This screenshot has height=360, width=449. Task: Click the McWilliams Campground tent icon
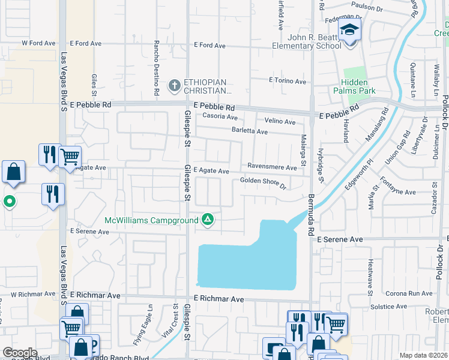point(208,220)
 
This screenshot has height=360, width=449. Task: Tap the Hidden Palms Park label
point(358,86)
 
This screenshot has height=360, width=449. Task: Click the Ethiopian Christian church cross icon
point(175,86)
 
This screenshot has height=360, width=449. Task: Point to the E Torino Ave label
point(288,81)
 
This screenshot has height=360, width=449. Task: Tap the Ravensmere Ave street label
point(272,167)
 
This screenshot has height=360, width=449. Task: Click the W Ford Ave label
point(38,43)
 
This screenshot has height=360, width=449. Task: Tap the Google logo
point(20,353)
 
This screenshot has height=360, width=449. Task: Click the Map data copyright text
point(423,355)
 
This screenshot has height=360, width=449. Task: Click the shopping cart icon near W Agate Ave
point(70,158)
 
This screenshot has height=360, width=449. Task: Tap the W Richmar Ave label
point(33,295)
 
